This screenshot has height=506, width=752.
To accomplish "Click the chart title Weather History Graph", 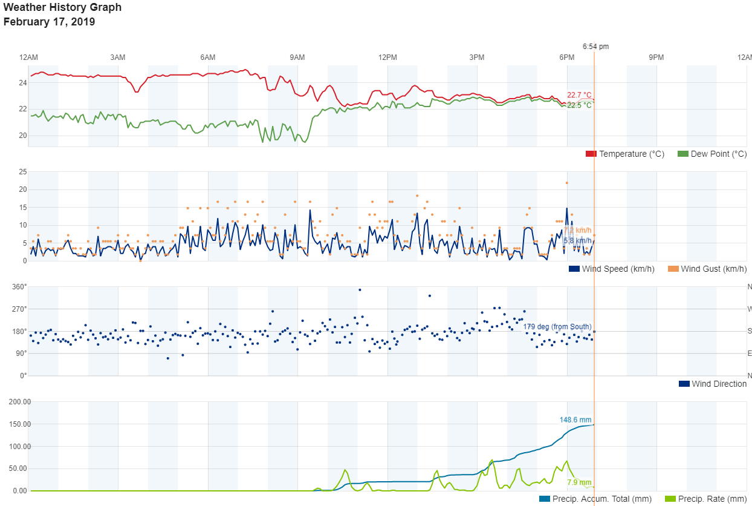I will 62,8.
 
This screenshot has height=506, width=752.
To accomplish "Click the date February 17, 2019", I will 49,22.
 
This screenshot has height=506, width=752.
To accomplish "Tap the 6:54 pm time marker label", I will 595,46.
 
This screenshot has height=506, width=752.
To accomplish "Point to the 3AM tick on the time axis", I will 118,57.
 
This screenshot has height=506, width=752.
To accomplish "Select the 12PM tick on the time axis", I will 387,57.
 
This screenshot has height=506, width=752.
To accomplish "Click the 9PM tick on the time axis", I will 656,57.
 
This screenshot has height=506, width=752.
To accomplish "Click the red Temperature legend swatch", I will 591,154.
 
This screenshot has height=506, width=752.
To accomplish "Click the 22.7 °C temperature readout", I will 579,95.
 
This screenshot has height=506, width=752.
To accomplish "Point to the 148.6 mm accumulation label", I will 575,420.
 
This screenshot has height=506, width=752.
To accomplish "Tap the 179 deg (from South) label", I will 557,327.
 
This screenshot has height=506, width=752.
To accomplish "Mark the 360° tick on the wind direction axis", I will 20,287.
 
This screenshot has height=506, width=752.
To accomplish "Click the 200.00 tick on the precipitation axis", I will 19,402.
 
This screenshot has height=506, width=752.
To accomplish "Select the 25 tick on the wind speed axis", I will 22,172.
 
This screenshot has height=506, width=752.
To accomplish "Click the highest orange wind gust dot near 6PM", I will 566,183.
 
